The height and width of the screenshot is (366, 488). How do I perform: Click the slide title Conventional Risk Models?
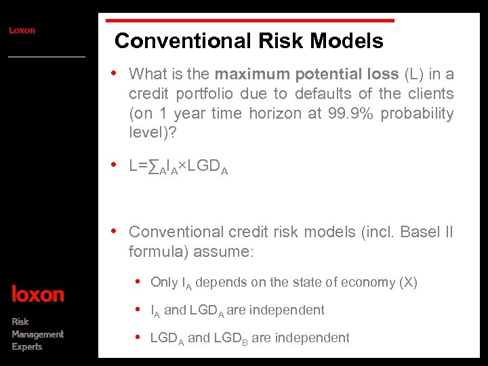[249, 41]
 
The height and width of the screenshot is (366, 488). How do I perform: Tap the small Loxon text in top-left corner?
[22, 30]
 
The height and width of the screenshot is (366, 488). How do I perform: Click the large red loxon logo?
[38, 294]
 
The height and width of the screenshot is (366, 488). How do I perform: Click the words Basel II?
[427, 232]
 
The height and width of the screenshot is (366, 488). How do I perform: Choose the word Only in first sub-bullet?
[164, 283]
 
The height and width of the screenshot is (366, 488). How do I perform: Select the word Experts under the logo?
[27, 347]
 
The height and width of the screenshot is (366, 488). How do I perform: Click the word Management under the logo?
[37, 334]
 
